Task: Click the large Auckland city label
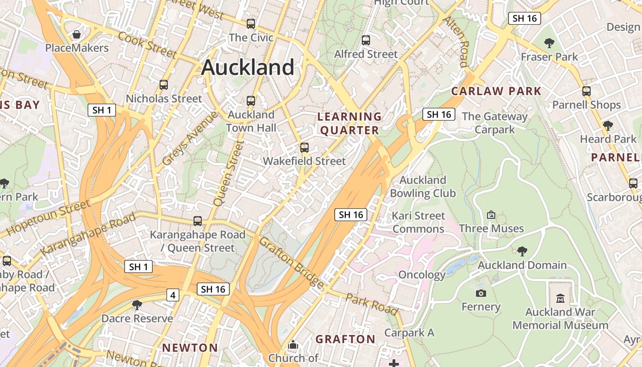pyautogui.click(x=248, y=67)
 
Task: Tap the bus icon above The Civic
pyautogui.click(x=250, y=24)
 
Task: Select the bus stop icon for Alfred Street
pyautogui.click(x=365, y=40)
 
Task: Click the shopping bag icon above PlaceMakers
pyautogui.click(x=77, y=34)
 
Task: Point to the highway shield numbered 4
pyautogui.click(x=172, y=295)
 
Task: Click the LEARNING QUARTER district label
pyautogui.click(x=349, y=123)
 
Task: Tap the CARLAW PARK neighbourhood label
pyautogui.click(x=496, y=91)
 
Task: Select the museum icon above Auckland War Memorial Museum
pyautogui.click(x=560, y=299)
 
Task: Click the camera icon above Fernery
pyautogui.click(x=481, y=293)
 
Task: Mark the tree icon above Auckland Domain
pyautogui.click(x=522, y=251)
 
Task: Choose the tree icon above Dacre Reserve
pyautogui.click(x=137, y=305)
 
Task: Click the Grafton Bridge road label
pyautogui.click(x=292, y=263)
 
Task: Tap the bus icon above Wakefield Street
pyautogui.click(x=304, y=148)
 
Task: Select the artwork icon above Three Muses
pyautogui.click(x=491, y=215)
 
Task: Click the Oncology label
pyautogui.click(x=421, y=275)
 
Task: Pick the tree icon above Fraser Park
pyautogui.click(x=549, y=44)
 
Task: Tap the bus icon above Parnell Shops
pyautogui.click(x=586, y=91)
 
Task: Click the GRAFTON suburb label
pyautogui.click(x=345, y=339)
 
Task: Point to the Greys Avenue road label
pyautogui.click(x=190, y=138)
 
